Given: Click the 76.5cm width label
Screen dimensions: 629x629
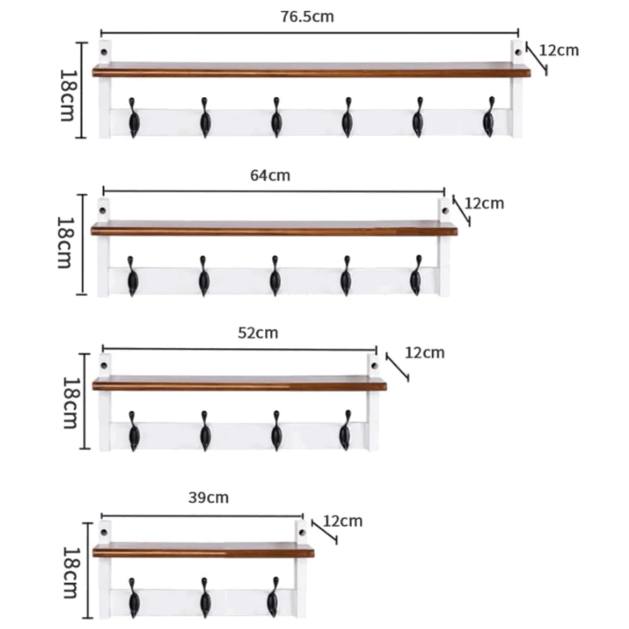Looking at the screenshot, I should tap(307, 17).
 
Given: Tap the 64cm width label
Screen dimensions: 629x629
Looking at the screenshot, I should tap(270, 175).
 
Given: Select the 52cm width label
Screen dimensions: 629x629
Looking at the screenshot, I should tap(258, 332).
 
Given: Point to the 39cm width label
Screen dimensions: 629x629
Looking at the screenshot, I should tap(209, 498).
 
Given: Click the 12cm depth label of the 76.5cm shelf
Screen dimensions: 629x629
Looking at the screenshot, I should tap(559, 50).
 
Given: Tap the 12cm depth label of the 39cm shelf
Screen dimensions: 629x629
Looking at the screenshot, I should tap(343, 521).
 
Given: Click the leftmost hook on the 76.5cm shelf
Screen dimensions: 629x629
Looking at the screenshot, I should tap(133, 118).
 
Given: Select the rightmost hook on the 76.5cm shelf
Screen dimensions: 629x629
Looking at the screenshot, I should tap(489, 118).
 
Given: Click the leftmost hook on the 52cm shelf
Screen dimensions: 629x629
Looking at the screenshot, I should tap(133, 431).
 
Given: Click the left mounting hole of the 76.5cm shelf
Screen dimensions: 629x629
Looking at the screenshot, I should tap(105, 48).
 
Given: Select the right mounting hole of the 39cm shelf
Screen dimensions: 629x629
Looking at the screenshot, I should tap(302, 530).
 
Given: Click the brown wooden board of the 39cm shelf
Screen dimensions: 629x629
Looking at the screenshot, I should tap(203, 552).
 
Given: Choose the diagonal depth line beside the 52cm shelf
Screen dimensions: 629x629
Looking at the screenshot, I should tap(398, 367).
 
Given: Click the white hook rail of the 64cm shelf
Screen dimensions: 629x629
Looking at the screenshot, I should tap(239, 280).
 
